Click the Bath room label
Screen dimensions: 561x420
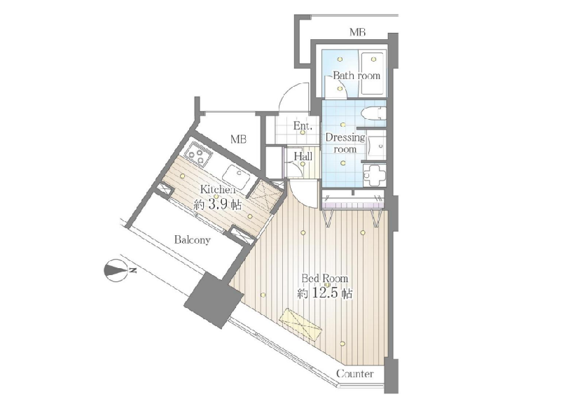click(x=356, y=76)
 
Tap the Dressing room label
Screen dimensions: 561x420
click(x=345, y=143)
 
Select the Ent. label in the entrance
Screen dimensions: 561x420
click(x=303, y=126)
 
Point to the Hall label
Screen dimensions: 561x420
click(x=303, y=156)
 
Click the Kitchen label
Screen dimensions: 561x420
click(x=218, y=189)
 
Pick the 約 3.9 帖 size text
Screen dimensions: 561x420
click(x=218, y=205)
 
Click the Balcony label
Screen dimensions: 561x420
click(x=192, y=240)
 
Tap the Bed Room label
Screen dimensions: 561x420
click(x=324, y=278)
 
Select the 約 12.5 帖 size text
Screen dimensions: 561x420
click(x=325, y=293)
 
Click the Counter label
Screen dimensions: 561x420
click(x=355, y=374)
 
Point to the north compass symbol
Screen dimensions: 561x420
click(x=116, y=270)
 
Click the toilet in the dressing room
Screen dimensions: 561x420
click(x=373, y=113)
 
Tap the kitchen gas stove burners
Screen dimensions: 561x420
click(x=198, y=154)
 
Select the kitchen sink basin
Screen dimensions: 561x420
click(x=239, y=176)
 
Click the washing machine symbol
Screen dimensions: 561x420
click(x=375, y=175)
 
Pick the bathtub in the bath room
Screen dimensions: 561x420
click(x=373, y=74)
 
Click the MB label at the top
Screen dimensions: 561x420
click(x=357, y=32)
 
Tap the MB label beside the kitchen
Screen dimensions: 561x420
click(x=238, y=139)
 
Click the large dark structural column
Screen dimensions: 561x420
click(x=213, y=300)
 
